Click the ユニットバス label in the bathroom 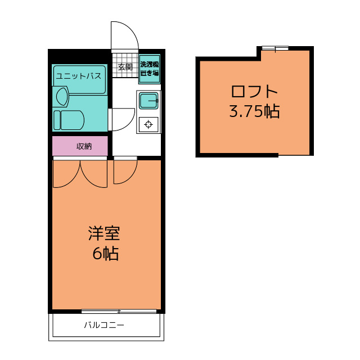click(x=79, y=76)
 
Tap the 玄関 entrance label click(x=125, y=67)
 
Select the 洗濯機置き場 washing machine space click(x=150, y=69)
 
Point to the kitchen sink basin click(x=148, y=101)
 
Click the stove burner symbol click(x=148, y=124)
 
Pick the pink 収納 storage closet click(x=80, y=146)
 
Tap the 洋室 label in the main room click(x=104, y=233)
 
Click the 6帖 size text click(x=105, y=254)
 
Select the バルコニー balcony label click(x=104, y=325)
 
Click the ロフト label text click(x=254, y=91)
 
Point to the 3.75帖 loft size click(x=254, y=111)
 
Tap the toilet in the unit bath click(x=69, y=120)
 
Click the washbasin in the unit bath click(x=61, y=97)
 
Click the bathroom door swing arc click(x=129, y=124)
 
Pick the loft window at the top click(x=275, y=48)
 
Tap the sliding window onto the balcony click(x=119, y=311)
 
